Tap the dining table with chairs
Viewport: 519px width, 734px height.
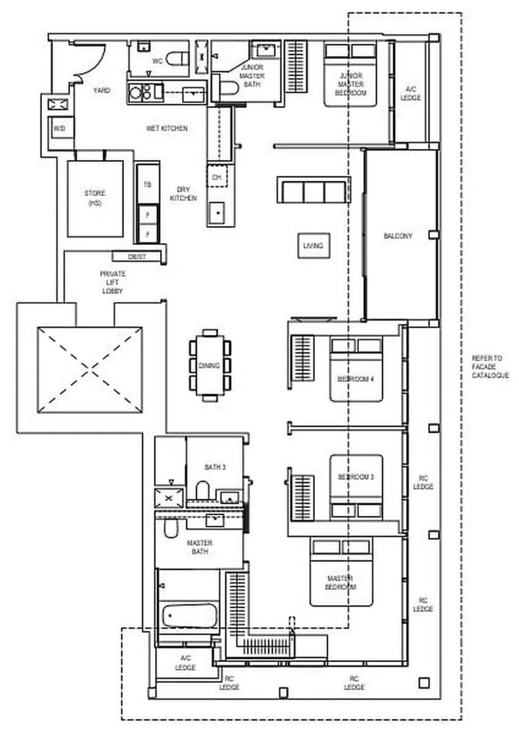[209, 365]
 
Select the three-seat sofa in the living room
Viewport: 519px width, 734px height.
[313, 192]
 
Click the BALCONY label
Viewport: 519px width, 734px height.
[398, 236]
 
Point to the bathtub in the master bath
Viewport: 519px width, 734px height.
[189, 616]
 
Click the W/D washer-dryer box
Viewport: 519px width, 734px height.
[58, 129]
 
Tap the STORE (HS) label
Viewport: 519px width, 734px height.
[94, 198]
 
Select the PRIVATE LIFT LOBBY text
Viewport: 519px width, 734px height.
[112, 282]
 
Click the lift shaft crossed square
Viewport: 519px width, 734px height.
[89, 370]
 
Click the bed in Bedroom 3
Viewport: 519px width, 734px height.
[356, 486]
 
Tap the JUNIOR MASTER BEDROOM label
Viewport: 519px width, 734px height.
[351, 84]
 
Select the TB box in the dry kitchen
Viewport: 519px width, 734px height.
[148, 185]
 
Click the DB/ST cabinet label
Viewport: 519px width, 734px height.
[137, 256]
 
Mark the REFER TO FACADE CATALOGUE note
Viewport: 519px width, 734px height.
[490, 367]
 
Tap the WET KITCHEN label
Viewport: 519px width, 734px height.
[167, 128]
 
